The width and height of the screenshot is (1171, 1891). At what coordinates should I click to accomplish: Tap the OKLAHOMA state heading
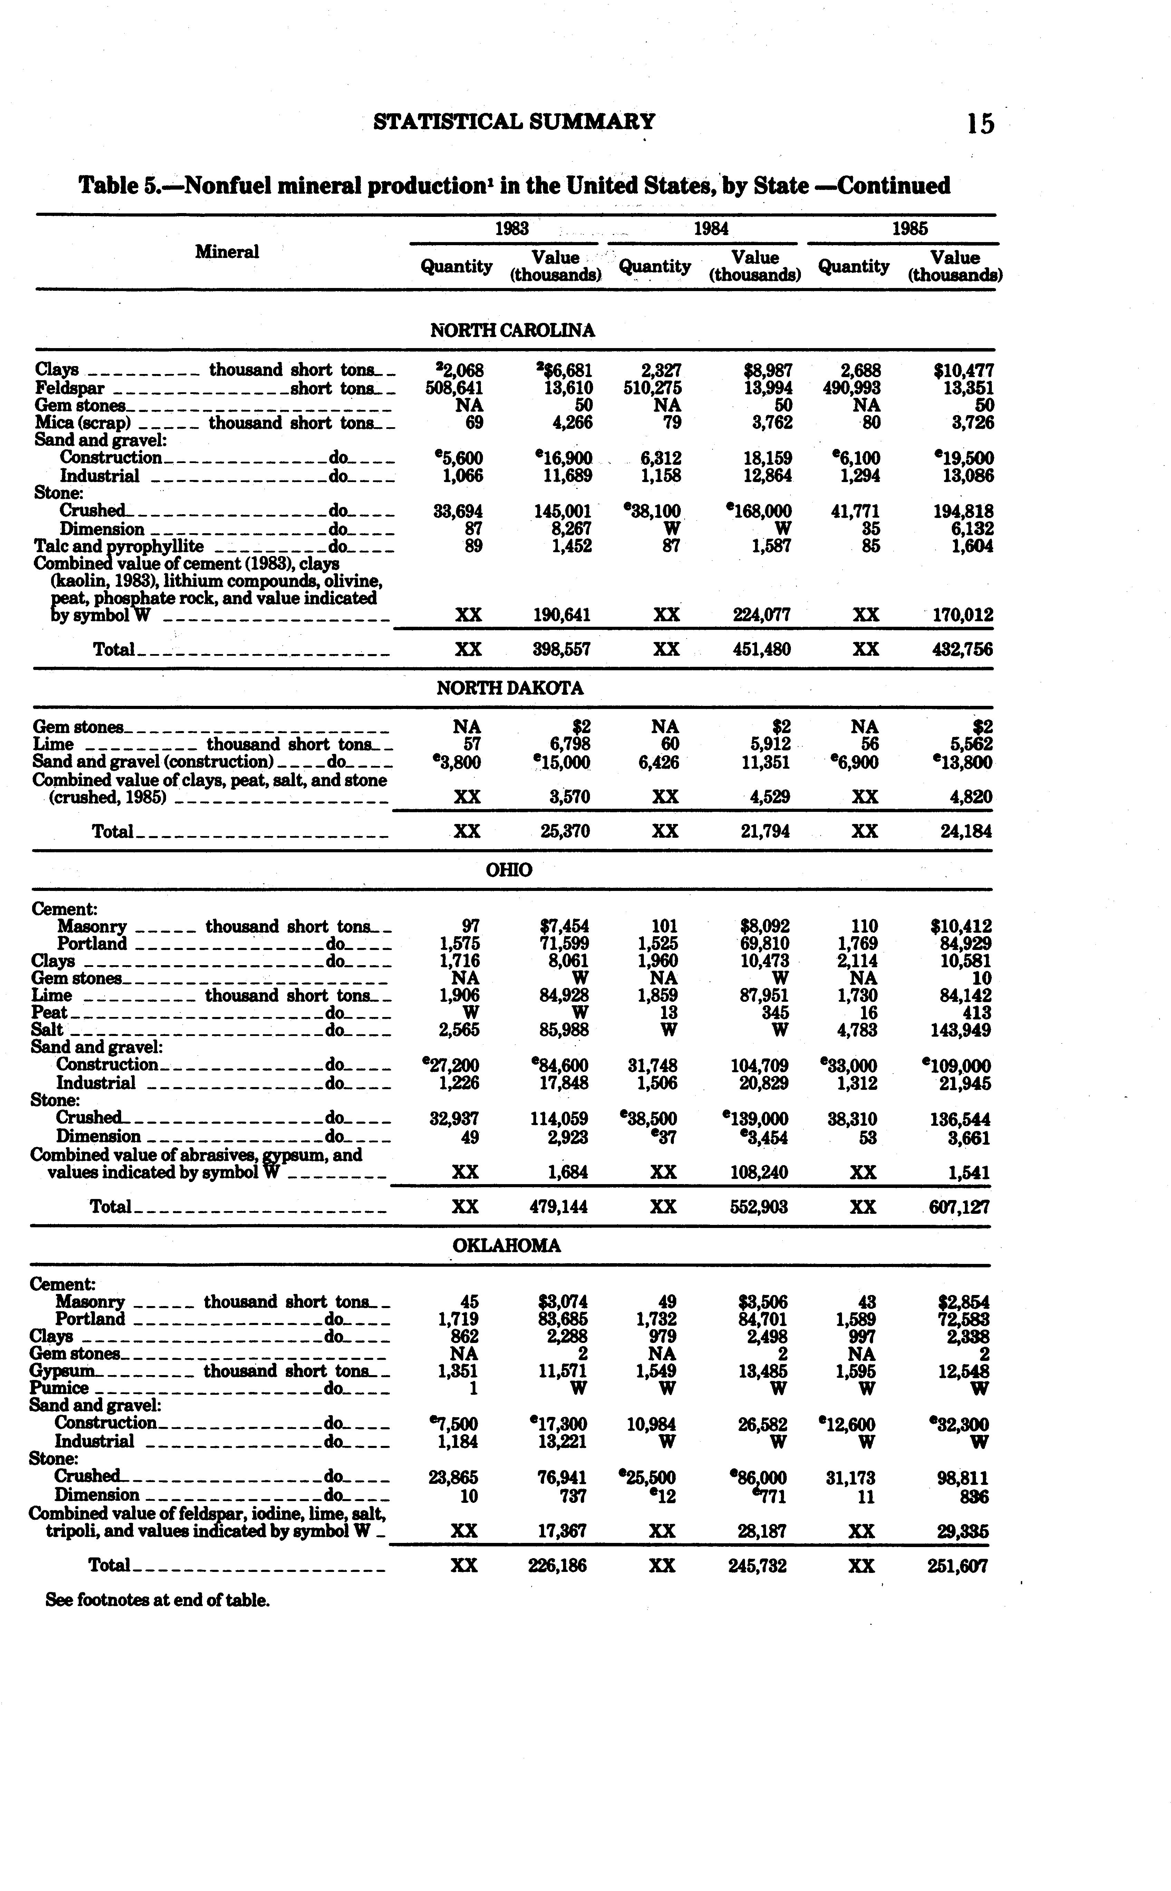(x=506, y=1246)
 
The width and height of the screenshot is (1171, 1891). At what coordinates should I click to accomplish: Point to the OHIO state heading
(x=509, y=870)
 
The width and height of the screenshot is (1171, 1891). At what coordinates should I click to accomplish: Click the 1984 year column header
(x=711, y=229)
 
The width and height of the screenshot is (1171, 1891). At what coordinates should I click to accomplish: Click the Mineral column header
(x=227, y=252)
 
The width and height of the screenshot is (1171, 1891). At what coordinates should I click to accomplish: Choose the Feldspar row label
(x=70, y=388)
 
